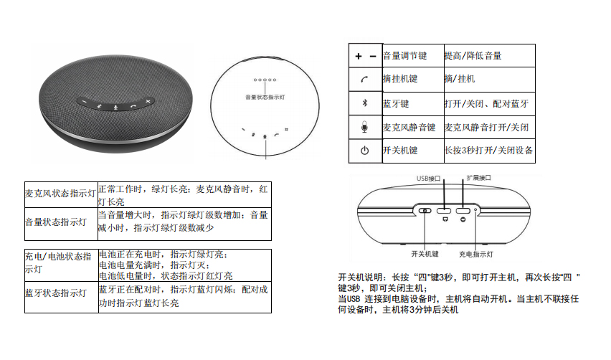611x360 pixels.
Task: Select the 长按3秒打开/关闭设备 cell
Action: coord(488,151)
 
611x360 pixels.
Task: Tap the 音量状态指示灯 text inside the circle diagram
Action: coord(265,95)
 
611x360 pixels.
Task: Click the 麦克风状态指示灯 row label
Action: coord(60,194)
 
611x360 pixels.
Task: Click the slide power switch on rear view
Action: coord(425,211)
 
